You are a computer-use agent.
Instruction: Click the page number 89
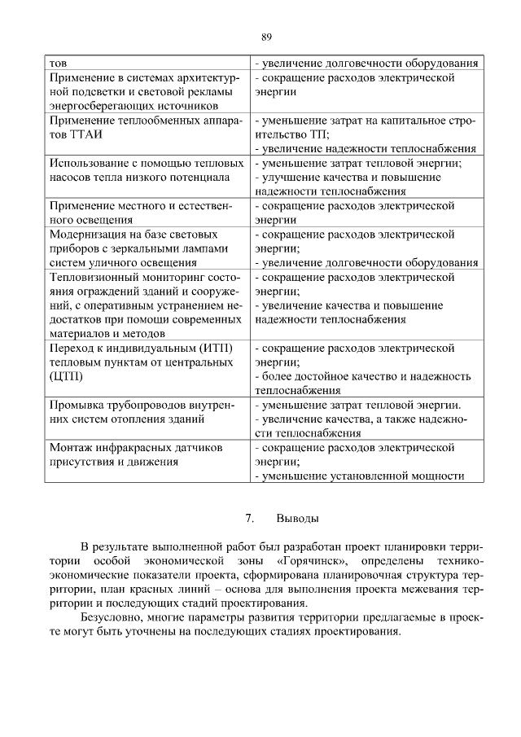pos(266,37)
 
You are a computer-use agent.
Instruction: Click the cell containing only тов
pos(58,63)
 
